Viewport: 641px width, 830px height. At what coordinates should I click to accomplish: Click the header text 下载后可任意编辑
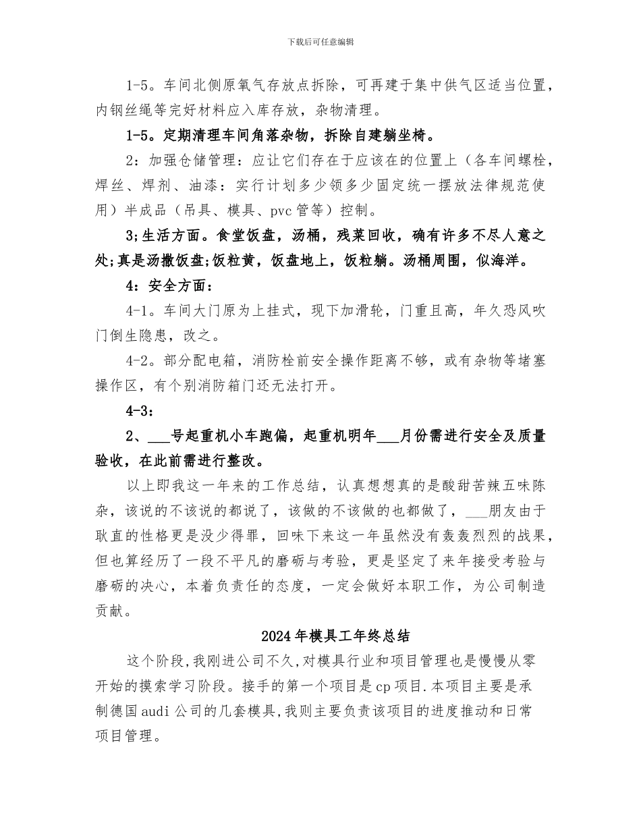(x=320, y=42)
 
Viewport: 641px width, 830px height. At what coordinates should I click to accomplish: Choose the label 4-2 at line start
(x=136, y=361)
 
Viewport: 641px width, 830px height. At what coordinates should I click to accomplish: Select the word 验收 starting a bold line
(x=110, y=461)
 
